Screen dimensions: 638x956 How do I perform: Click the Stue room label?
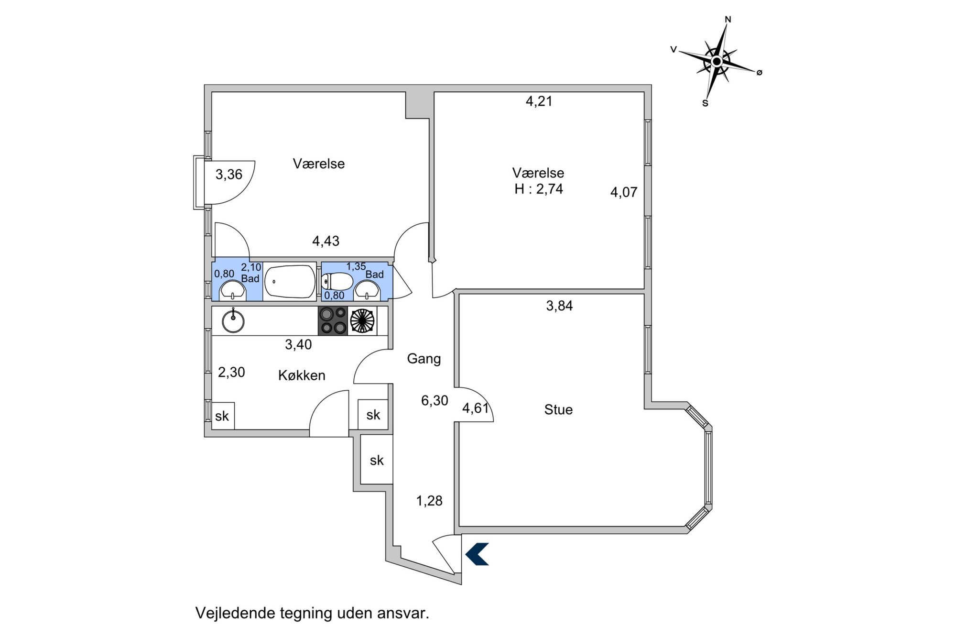[558, 409]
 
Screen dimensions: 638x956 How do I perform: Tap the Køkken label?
[302, 375]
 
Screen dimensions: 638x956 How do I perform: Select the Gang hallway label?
[424, 359]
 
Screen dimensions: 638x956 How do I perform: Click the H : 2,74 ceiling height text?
[539, 189]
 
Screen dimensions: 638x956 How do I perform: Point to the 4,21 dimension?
[539, 101]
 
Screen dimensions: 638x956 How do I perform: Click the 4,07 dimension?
[624, 192]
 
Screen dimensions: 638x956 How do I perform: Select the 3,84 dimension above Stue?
[559, 306]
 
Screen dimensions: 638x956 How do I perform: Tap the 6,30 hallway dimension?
[435, 400]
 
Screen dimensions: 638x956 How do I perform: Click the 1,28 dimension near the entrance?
[429, 501]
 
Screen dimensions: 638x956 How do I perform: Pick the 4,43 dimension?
[326, 241]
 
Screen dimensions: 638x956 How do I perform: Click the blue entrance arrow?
[478, 554]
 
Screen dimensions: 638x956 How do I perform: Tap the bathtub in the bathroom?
[290, 282]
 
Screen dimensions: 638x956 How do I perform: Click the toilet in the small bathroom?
[338, 281]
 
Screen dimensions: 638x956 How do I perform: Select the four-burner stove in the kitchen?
[333, 320]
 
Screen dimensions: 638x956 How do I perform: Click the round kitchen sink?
[233, 321]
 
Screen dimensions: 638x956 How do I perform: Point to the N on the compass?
[728, 20]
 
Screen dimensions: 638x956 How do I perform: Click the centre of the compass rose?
[716, 62]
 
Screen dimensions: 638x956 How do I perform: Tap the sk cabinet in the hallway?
[377, 460]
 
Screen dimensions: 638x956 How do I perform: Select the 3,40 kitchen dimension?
[298, 344]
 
